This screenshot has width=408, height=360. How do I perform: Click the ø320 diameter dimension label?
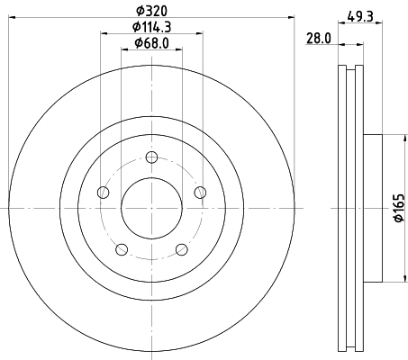click(151, 11)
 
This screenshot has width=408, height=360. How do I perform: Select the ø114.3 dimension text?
click(151, 27)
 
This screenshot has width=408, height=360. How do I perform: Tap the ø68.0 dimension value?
click(151, 43)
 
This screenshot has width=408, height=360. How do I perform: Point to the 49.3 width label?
click(360, 16)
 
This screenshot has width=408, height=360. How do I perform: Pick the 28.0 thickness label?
click(319, 39)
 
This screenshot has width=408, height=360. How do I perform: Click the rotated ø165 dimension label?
click(399, 208)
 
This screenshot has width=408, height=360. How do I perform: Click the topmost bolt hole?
click(151, 157)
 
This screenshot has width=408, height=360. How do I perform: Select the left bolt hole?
click(104, 193)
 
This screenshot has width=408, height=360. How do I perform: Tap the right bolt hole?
click(200, 193)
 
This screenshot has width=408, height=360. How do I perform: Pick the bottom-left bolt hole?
click(122, 249)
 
